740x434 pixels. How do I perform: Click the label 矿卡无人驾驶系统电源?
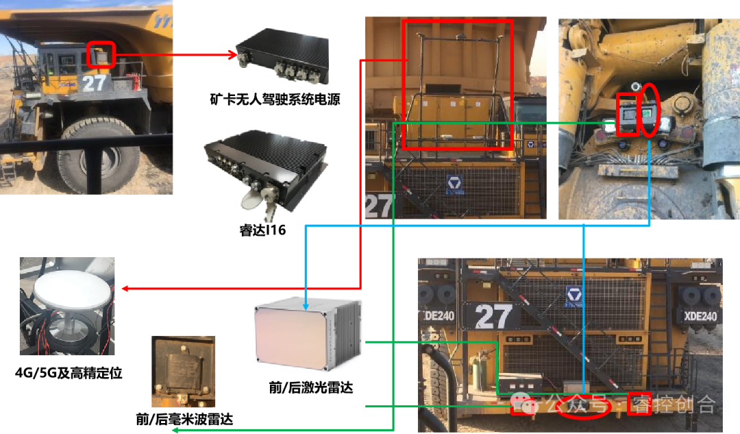pyautogui.click(x=275, y=99)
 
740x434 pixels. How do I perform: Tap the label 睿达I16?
pyautogui.click(x=262, y=230)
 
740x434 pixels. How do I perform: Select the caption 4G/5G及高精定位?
pyautogui.click(x=69, y=373)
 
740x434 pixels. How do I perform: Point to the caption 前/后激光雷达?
pyautogui.click(x=310, y=387)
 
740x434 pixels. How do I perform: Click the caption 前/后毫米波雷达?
pyautogui.click(x=184, y=419)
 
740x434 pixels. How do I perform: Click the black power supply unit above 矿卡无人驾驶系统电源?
pyautogui.click(x=283, y=56)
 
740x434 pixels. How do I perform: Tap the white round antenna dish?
pyautogui.click(x=73, y=291)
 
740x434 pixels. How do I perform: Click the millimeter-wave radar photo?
pyautogui.click(x=183, y=371)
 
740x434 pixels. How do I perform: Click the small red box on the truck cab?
pyautogui.click(x=101, y=56)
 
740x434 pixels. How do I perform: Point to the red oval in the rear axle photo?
pyautogui.click(x=649, y=110)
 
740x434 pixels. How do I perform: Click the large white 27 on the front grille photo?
pyautogui.click(x=493, y=316)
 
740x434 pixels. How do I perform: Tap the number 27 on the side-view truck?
pyautogui.click(x=94, y=84)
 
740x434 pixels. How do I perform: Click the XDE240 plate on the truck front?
pyautogui.click(x=700, y=316)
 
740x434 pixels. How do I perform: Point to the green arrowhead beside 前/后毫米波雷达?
pyautogui.click(x=175, y=430)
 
